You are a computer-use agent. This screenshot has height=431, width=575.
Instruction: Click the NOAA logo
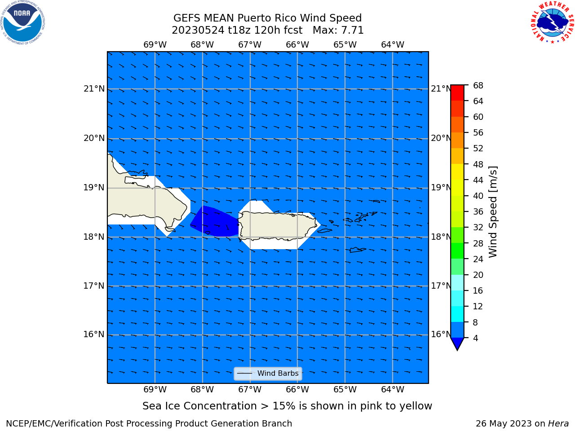(x=22, y=23)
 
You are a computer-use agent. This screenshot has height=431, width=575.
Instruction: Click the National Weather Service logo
(x=552, y=22)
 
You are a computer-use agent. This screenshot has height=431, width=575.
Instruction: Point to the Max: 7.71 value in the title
(x=338, y=31)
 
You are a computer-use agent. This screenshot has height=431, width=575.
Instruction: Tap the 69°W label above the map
(x=155, y=45)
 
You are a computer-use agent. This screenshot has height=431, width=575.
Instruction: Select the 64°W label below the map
(x=393, y=389)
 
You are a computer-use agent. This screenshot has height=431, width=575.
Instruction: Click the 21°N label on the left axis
(x=94, y=89)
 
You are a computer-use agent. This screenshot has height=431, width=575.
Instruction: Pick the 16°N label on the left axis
(x=94, y=334)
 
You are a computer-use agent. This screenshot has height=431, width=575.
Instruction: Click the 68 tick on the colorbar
(x=478, y=86)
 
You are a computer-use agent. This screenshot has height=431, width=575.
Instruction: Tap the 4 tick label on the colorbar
(x=475, y=338)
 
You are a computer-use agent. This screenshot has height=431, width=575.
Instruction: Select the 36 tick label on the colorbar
(x=478, y=211)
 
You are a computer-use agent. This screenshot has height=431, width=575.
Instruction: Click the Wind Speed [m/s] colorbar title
(x=493, y=212)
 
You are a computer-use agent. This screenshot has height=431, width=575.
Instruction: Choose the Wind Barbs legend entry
(x=268, y=374)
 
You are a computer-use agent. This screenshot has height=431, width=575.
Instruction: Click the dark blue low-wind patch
(x=215, y=221)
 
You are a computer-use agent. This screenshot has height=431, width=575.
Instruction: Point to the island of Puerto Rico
(x=278, y=225)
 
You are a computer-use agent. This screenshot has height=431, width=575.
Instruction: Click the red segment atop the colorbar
(x=457, y=92)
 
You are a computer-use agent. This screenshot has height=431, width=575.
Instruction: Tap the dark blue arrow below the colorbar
(x=457, y=343)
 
